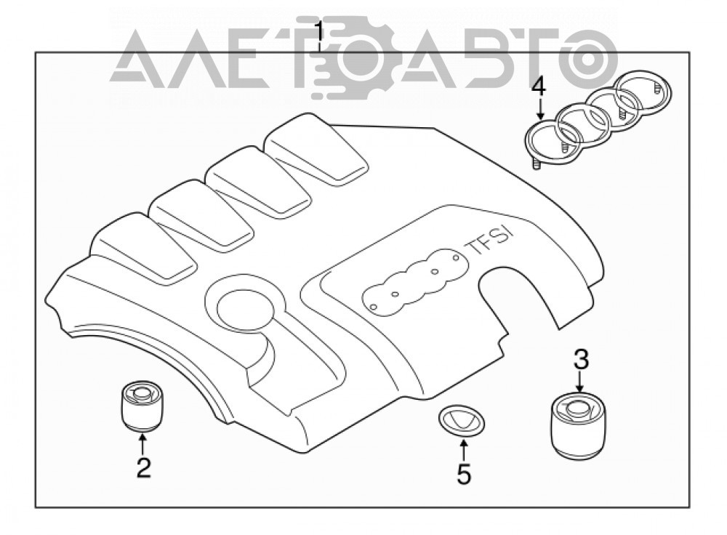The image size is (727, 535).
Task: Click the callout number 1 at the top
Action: click(319, 33)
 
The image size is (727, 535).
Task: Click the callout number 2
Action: click(143, 467)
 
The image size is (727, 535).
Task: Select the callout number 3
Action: click(582, 360)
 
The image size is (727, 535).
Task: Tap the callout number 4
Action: click(539, 88)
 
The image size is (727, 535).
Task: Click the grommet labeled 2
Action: click(142, 404)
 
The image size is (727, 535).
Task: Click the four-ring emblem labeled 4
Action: click(598, 118)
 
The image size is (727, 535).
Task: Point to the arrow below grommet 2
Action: click(142, 442)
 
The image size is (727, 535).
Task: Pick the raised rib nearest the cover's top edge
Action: click(316, 152)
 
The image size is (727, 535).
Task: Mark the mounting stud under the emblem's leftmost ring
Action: click(536, 164)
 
